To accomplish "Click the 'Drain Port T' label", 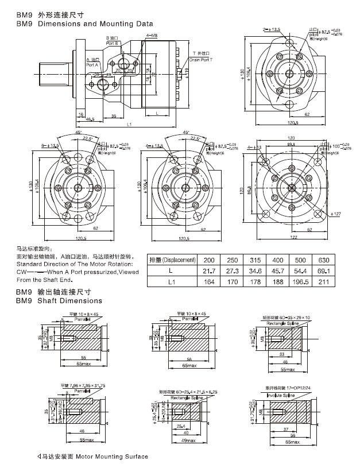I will (x=202, y=59).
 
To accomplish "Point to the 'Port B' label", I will (x=112, y=43).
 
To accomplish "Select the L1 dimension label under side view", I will (x=130, y=124).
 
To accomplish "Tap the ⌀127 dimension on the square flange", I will (x=338, y=214).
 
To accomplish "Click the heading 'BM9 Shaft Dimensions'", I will (x=59, y=300).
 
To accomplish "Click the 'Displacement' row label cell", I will (x=172, y=260).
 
